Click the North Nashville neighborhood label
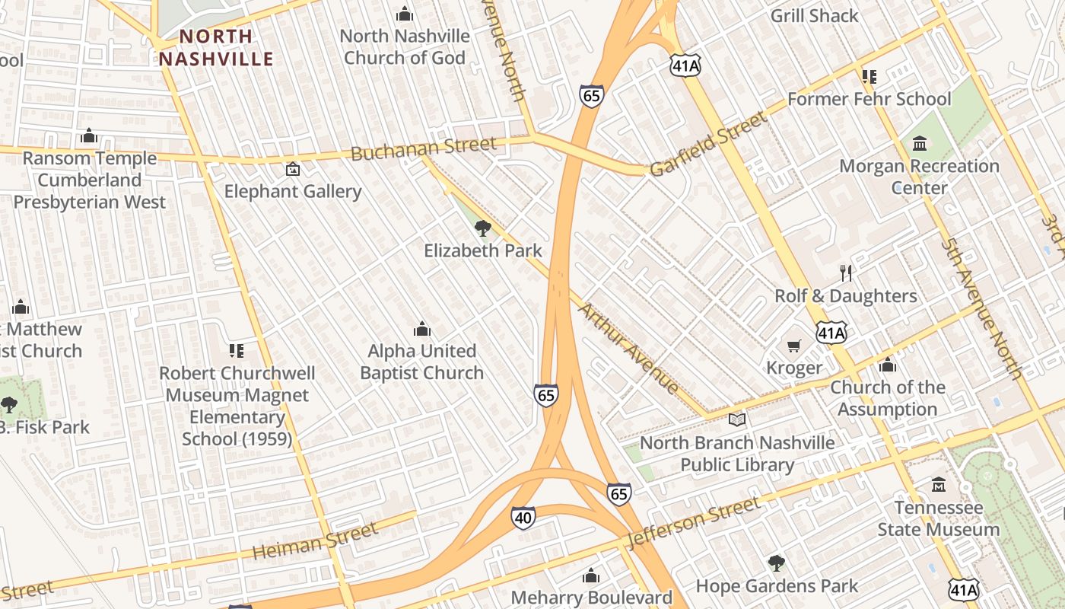click(x=216, y=47)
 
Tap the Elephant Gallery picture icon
click(x=292, y=169)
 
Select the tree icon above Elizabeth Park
click(x=482, y=228)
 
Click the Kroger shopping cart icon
click(x=794, y=346)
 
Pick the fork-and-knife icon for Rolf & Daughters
click(x=846, y=273)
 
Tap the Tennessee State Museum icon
click(x=939, y=485)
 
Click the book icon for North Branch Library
click(x=736, y=419)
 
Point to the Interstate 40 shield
click(x=523, y=516)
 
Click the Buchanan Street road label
click(x=423, y=149)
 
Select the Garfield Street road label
click(x=710, y=144)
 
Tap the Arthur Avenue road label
click(x=629, y=348)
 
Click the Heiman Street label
click(x=315, y=541)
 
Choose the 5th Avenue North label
click(x=981, y=308)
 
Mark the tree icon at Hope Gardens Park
click(x=776, y=563)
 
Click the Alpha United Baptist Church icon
click(x=421, y=329)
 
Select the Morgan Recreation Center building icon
click(x=920, y=143)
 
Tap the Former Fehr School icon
click(x=869, y=76)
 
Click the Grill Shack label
click(x=814, y=15)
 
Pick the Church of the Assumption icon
click(x=887, y=365)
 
